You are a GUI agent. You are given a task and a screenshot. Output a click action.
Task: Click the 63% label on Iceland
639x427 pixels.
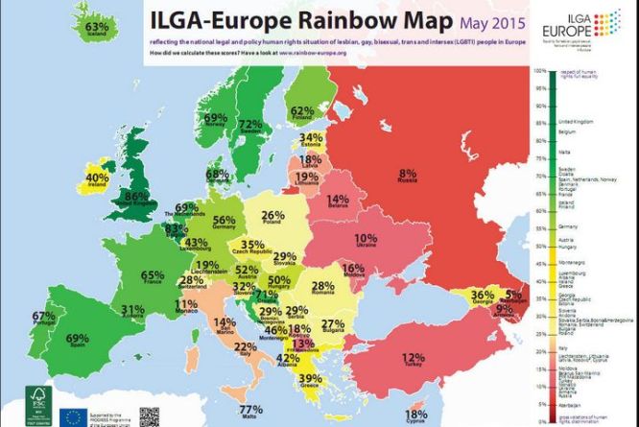coord(97,28)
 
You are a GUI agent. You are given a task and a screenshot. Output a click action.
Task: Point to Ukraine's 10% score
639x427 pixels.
coord(365,238)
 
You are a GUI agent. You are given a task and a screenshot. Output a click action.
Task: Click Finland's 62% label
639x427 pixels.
coord(303,112)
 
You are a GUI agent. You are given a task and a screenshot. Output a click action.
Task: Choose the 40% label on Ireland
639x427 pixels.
coord(98,178)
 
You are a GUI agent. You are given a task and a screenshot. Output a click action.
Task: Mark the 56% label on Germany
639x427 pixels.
coord(224,221)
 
